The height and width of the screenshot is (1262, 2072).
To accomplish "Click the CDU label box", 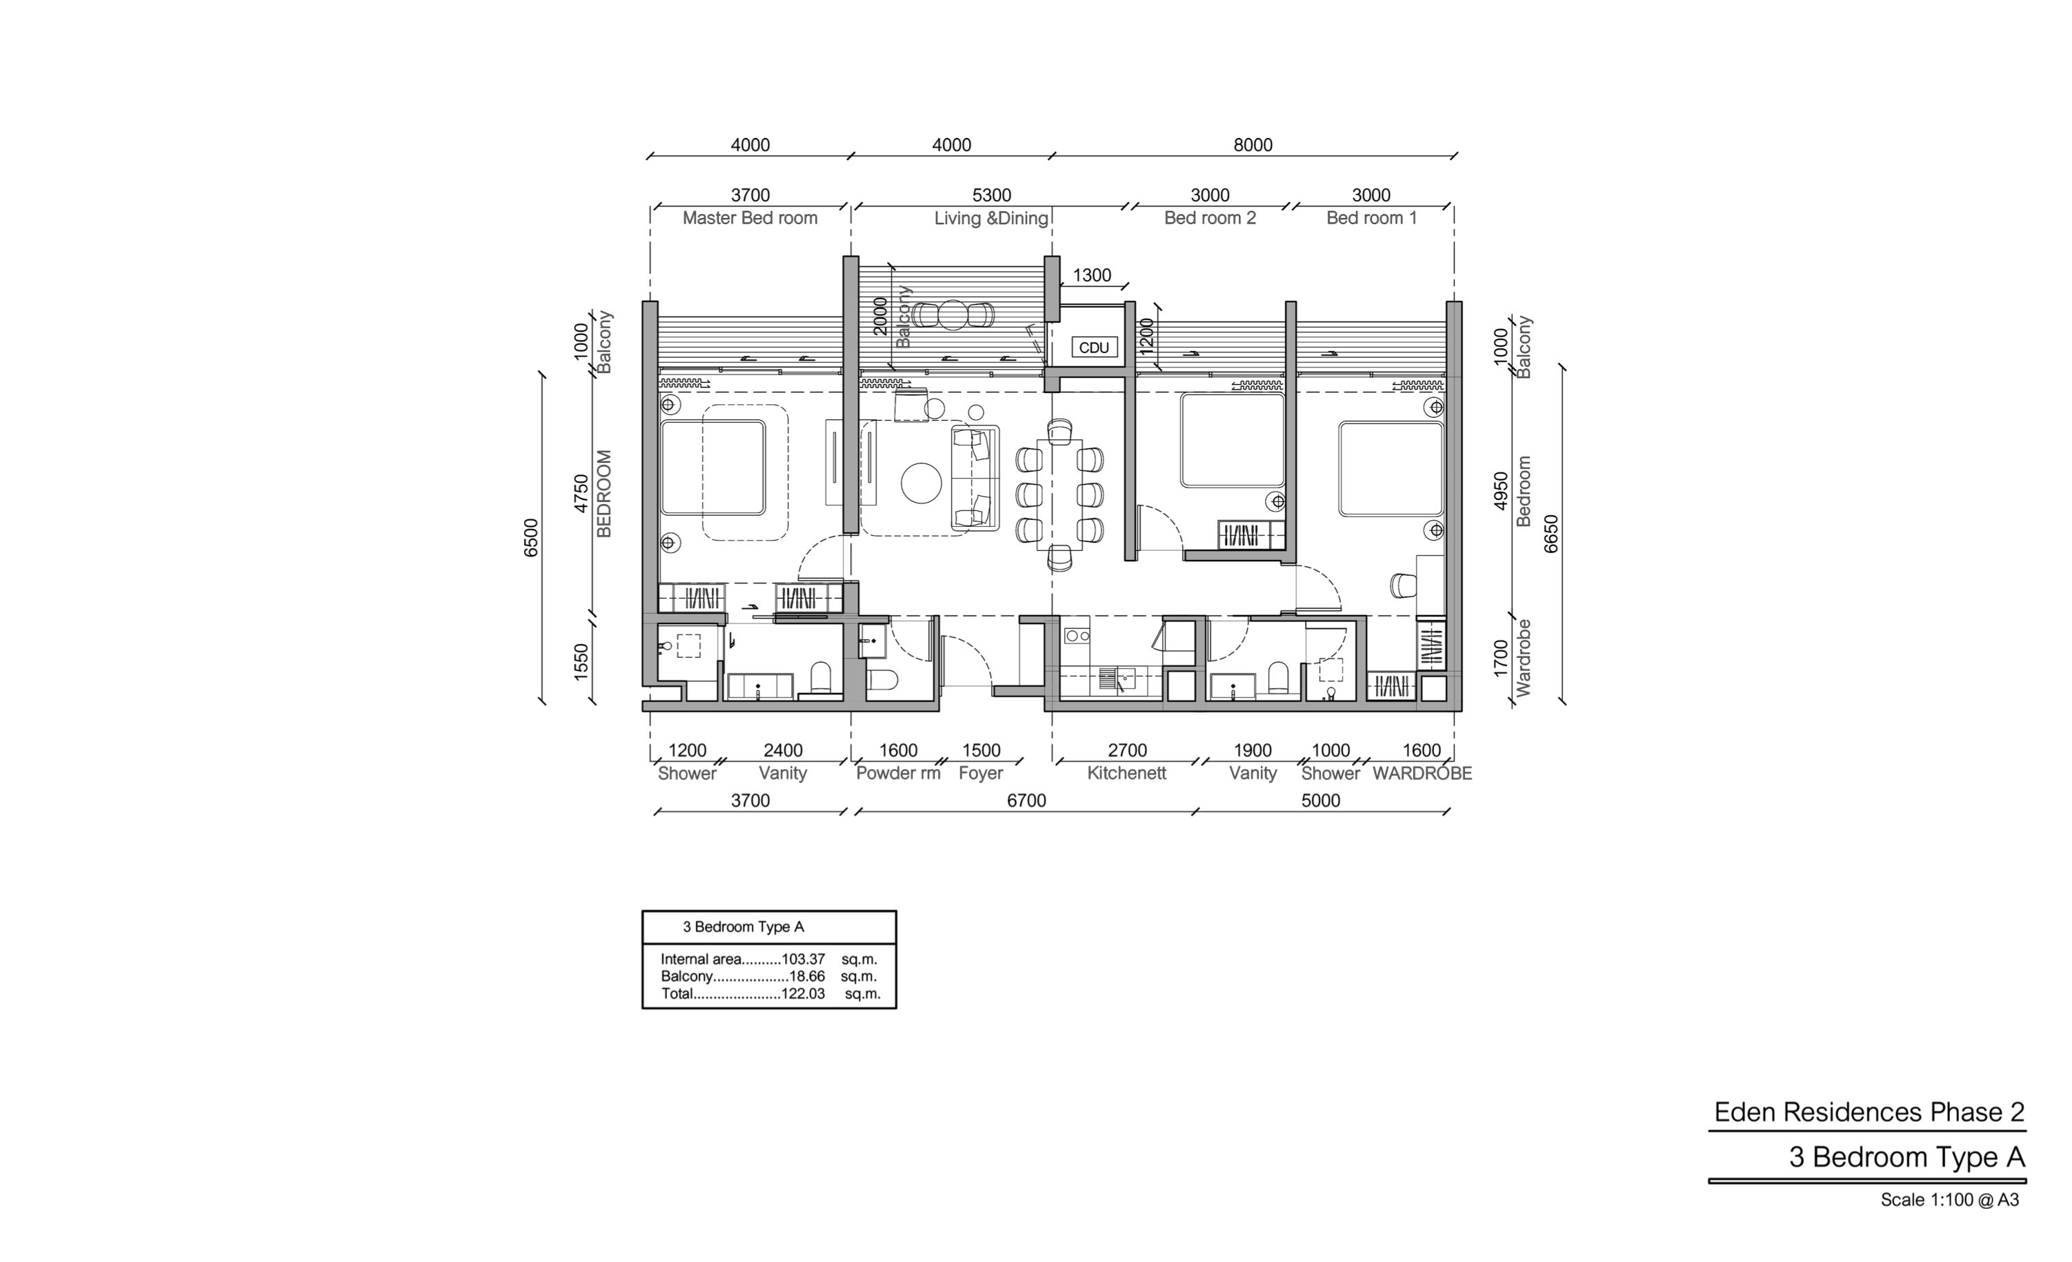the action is tap(1094, 348).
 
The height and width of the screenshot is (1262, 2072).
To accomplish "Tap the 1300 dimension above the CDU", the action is tap(1091, 275).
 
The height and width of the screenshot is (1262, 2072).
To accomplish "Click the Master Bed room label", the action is tap(749, 218).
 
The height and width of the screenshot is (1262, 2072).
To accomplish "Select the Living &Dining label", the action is tap(991, 219).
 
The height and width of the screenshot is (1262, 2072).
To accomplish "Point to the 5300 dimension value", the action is tap(991, 195).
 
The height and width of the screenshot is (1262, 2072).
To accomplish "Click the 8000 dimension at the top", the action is tap(1253, 145).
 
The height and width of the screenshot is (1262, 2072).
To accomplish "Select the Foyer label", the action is tap(981, 774).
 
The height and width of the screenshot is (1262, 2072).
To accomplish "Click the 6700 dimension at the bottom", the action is tap(1027, 801).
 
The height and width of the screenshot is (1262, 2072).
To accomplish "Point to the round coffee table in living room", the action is tap(921, 483).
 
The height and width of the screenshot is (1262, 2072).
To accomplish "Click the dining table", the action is tap(1059, 494).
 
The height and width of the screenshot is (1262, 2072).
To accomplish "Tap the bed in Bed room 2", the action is tap(1232, 440).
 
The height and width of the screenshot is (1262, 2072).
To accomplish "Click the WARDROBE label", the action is tap(1422, 774).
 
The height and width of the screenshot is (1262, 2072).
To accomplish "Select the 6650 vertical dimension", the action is tap(1551, 534).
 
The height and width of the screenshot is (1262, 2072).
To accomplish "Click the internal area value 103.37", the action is tap(803, 959).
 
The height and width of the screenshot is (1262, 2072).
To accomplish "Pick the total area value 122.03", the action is tap(803, 994).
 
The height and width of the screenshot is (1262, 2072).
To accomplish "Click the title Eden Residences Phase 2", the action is tap(1869, 1112).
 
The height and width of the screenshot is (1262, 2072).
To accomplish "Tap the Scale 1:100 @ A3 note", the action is tap(1950, 1200).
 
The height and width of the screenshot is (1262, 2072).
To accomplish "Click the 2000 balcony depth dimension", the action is tap(880, 316).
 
